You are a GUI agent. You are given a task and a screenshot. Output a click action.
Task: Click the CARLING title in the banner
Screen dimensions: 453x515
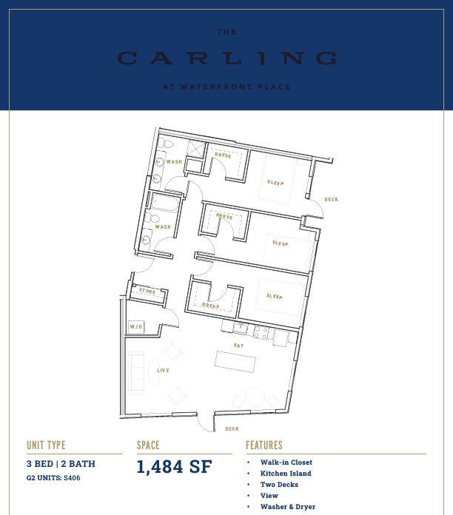[227, 58]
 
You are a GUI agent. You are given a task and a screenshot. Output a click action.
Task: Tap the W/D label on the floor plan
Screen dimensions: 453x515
[136, 327]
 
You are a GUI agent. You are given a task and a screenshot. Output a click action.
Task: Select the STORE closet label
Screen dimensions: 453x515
[147, 291]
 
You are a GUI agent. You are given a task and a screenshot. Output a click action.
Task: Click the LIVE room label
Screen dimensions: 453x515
[164, 371]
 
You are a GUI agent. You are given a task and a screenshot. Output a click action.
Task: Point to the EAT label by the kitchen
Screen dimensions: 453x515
[239, 346]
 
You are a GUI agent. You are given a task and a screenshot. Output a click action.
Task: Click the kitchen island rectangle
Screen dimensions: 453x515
[235, 362]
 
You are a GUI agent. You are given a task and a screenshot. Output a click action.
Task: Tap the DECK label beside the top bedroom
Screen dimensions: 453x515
[332, 199]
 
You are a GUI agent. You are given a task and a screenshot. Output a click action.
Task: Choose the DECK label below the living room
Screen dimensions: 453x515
[232, 428]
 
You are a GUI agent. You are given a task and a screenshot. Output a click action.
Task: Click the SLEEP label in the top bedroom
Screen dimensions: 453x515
[275, 183]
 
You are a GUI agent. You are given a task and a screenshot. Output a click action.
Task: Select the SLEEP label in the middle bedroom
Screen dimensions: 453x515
[281, 243]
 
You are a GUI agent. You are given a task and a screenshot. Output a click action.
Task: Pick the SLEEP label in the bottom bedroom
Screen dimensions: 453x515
[275, 296]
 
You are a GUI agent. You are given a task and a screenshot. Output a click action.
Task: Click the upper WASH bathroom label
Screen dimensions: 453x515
[174, 161]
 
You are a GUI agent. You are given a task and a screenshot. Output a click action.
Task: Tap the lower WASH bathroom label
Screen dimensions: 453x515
[163, 226]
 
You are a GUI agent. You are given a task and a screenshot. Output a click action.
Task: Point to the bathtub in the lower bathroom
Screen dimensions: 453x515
[164, 202]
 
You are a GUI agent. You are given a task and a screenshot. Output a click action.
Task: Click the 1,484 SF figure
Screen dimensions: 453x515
[174, 467]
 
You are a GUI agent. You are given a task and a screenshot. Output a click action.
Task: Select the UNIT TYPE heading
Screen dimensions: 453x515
[46, 445]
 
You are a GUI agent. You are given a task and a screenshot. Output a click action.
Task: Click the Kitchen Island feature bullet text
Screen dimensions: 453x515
[286, 474]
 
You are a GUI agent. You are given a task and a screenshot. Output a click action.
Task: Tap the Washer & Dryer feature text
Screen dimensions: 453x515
[288, 507]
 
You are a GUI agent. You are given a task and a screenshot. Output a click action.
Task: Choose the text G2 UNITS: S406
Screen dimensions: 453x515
[53, 478]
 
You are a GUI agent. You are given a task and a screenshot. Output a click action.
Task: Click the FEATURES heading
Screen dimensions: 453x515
[264, 445]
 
